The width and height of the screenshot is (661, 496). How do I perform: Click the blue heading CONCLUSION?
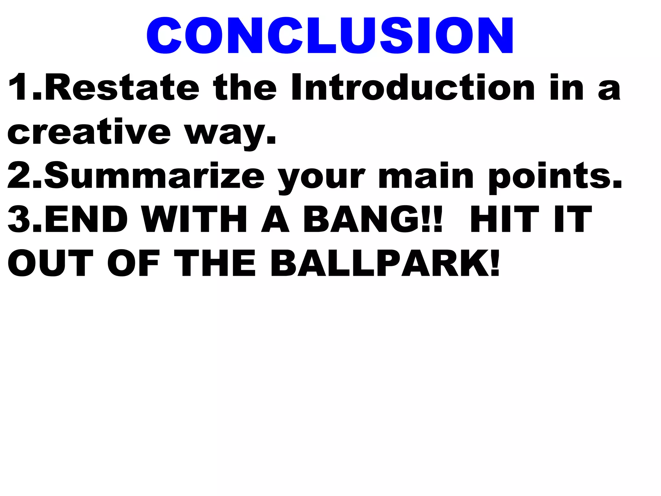[330, 36]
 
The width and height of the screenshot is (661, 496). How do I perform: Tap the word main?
[426, 176]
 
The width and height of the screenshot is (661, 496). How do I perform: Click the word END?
[86, 220]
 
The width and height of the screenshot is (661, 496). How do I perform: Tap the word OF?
[134, 263]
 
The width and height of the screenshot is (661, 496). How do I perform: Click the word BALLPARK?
[379, 263]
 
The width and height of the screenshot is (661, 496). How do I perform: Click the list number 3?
[19, 220]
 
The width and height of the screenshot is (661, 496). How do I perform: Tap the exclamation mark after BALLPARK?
[495, 263]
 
